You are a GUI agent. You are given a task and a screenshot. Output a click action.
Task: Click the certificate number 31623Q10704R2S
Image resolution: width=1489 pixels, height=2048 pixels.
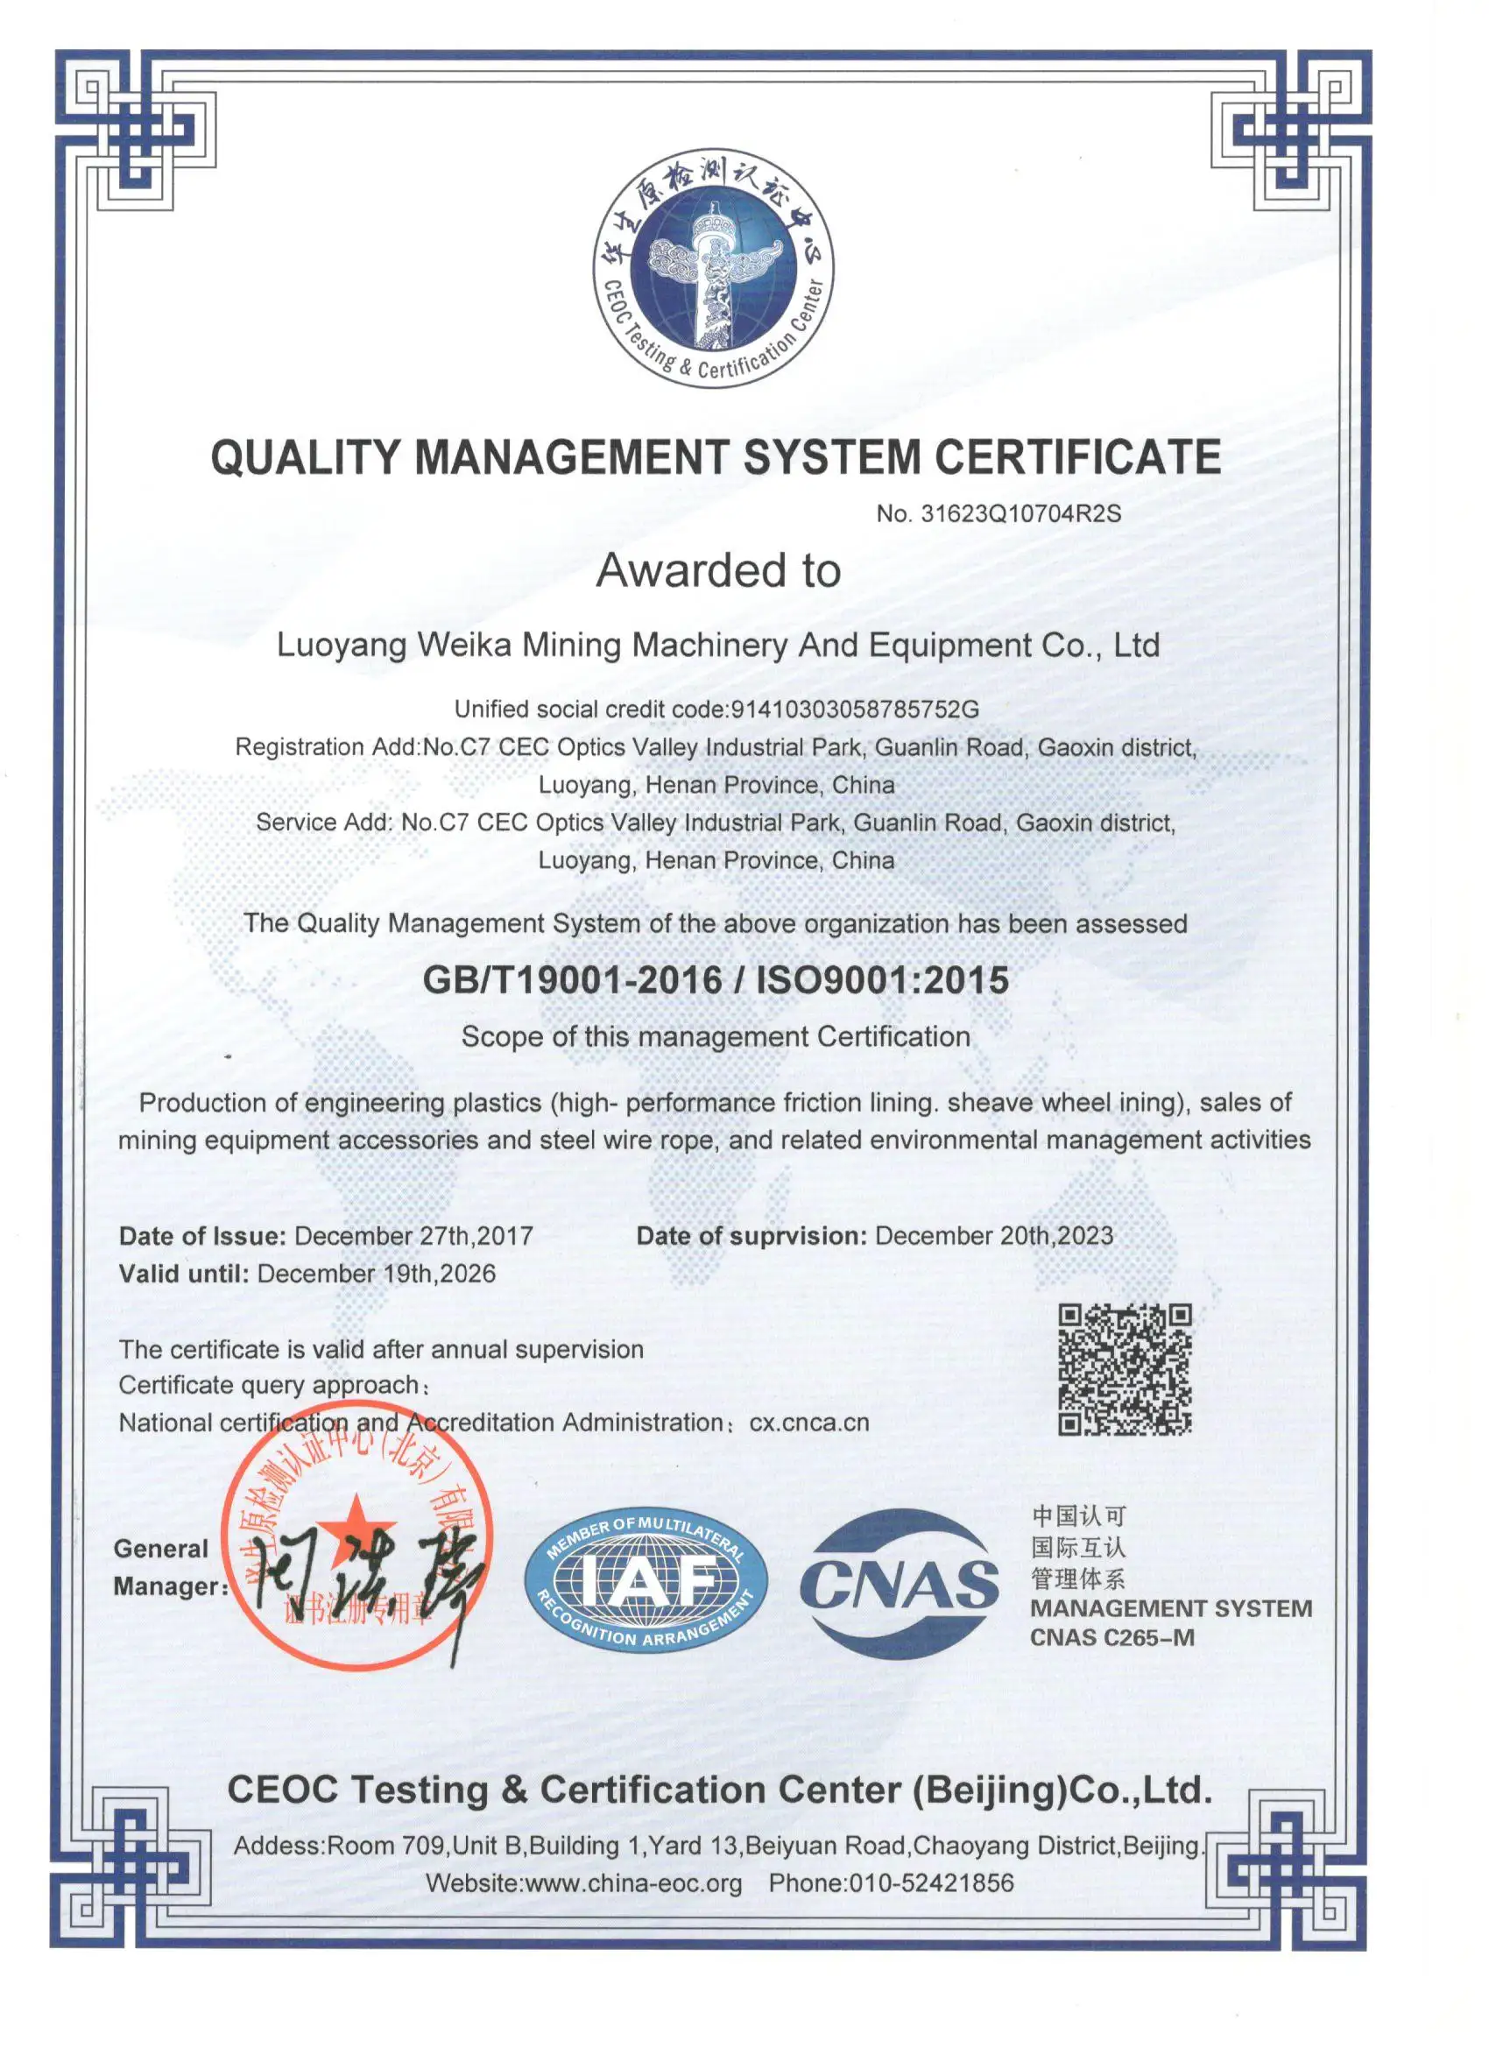point(1020,514)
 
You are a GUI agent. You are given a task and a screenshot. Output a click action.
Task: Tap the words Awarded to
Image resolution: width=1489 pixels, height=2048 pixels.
point(719,571)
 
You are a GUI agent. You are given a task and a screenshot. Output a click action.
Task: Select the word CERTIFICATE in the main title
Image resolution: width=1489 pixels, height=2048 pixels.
point(1077,457)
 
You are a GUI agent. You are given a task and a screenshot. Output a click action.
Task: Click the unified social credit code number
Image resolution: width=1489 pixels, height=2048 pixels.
point(854,709)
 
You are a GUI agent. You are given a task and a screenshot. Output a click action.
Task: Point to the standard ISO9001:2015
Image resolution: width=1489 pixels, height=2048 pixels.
point(881,981)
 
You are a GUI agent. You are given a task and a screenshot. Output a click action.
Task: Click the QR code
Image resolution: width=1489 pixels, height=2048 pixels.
point(1126,1369)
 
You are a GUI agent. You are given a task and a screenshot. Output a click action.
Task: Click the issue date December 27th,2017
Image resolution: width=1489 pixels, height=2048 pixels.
point(413,1235)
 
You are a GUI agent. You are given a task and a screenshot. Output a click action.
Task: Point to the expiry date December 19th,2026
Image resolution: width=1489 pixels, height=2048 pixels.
point(377,1274)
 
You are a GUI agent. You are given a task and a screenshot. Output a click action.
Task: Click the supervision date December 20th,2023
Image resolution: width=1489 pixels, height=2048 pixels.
point(994,1235)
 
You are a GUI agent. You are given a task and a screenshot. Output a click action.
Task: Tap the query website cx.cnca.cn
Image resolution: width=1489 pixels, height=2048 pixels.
point(809,1423)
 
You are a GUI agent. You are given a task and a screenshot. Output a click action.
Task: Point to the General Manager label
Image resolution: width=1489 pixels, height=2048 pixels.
point(168,1567)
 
